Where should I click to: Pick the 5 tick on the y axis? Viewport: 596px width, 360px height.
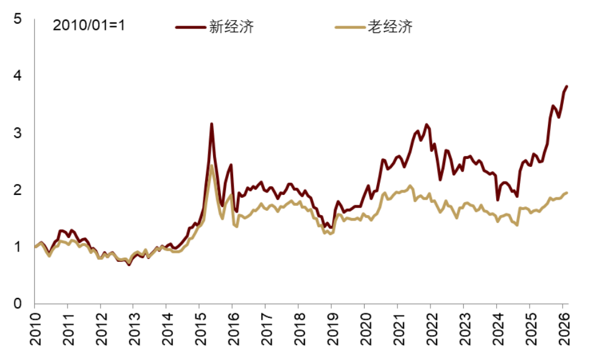click(x=17, y=19)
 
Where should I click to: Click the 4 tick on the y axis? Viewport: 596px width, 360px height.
click(x=17, y=76)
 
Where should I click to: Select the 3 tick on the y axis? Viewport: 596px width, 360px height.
click(x=17, y=133)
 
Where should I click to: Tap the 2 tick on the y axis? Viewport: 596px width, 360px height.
click(x=17, y=190)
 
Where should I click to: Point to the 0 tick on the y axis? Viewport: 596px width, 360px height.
click(x=17, y=304)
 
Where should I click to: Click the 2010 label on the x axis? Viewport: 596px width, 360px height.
click(x=35, y=329)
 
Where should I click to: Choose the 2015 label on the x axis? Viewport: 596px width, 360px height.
click(x=200, y=329)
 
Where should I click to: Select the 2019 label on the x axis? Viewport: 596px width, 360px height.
click(x=332, y=329)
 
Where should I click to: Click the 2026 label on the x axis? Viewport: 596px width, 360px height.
click(x=563, y=329)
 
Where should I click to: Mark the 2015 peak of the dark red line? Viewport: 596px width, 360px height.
click(x=211, y=124)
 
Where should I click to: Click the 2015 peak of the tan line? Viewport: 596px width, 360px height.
click(x=211, y=166)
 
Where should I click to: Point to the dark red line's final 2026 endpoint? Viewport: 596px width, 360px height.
click(x=567, y=86)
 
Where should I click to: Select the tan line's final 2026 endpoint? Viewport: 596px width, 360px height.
click(x=567, y=192)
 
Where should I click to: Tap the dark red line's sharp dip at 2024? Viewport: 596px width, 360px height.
click(x=497, y=199)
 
